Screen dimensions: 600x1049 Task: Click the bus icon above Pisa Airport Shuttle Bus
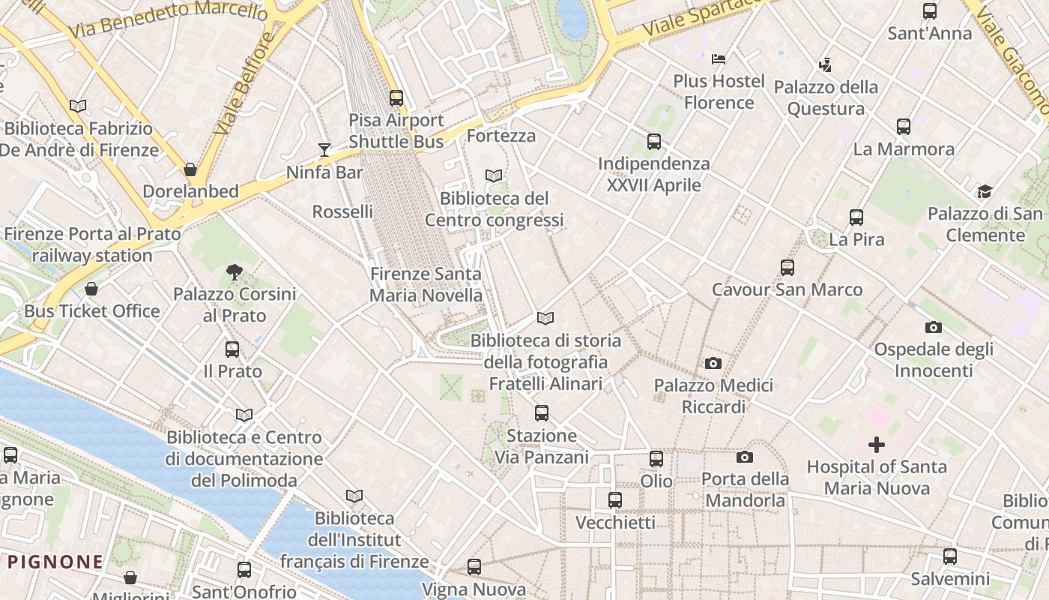click(x=396, y=98)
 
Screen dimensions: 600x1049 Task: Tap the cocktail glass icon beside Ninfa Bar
click(x=324, y=150)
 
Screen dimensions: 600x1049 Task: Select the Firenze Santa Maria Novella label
click(x=426, y=284)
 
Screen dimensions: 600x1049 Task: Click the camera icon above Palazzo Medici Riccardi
click(x=713, y=364)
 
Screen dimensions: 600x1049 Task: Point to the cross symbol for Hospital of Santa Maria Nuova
click(x=876, y=445)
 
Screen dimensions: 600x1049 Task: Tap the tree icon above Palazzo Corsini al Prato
click(x=235, y=272)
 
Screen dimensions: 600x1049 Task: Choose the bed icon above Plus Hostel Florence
click(x=719, y=58)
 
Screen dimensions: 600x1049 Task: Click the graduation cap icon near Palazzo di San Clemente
click(x=984, y=192)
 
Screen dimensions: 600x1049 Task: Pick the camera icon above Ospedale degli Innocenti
click(x=933, y=327)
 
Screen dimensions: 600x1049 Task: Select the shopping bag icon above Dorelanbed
click(x=190, y=169)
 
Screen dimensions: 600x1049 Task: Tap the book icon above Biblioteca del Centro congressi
click(x=494, y=176)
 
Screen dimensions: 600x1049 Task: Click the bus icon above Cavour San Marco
click(x=787, y=268)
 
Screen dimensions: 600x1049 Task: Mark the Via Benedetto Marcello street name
click(x=168, y=18)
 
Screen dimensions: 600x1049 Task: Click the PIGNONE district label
click(x=55, y=562)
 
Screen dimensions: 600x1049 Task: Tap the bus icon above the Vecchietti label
click(x=615, y=500)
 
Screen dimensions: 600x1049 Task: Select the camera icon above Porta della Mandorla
click(x=745, y=457)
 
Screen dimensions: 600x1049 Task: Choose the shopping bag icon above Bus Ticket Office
click(x=91, y=289)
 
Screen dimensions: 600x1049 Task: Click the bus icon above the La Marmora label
click(x=904, y=127)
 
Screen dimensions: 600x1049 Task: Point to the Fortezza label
click(x=501, y=136)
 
